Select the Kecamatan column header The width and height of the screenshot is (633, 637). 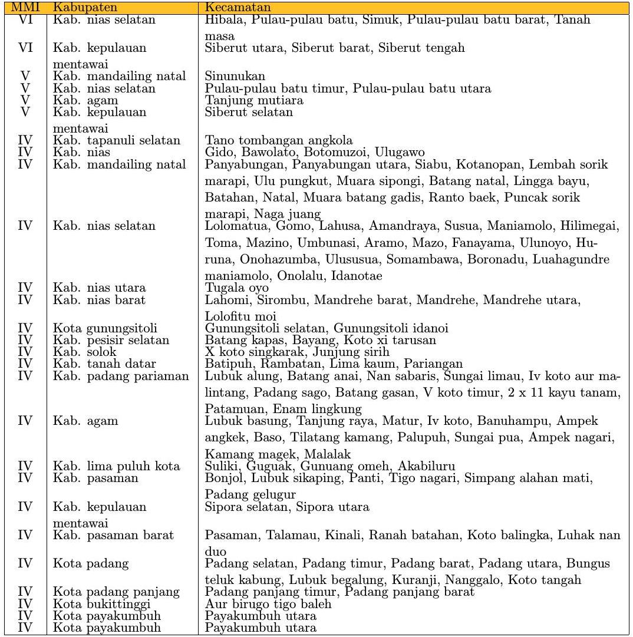tap(238, 8)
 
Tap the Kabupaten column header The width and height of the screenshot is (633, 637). tap(80, 8)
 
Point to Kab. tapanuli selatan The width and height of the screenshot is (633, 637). tap(117, 141)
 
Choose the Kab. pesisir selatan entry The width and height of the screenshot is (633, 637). tap(111, 340)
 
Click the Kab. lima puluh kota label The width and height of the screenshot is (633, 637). tap(116, 466)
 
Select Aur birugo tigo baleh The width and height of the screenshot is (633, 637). tap(268, 604)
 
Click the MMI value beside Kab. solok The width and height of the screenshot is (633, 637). tap(25, 352)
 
